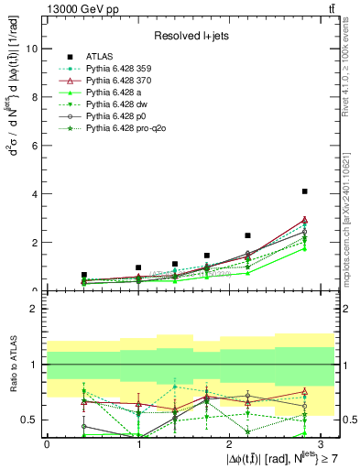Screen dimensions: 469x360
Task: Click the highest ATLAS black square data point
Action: (x=304, y=191)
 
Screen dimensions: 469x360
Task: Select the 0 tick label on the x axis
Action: (x=47, y=444)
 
